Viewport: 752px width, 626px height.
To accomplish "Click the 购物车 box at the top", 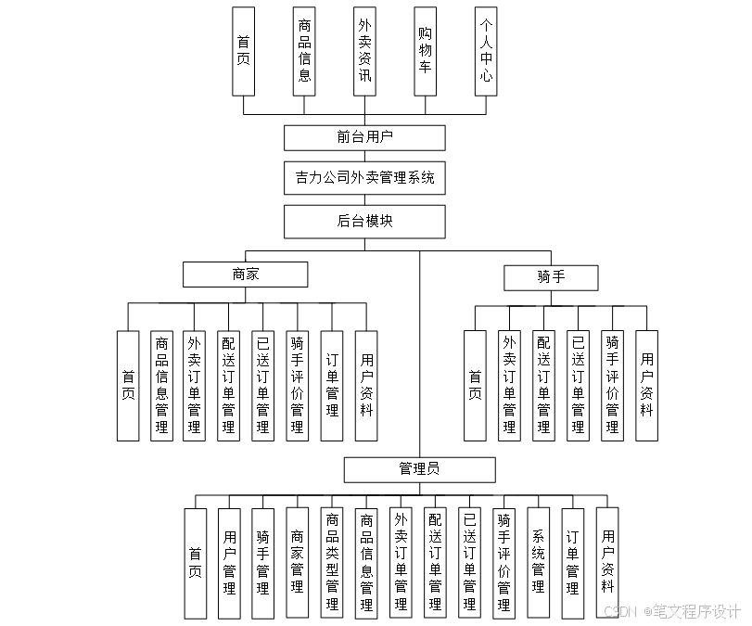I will coord(425,52).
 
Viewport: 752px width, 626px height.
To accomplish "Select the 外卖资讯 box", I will coord(364,52).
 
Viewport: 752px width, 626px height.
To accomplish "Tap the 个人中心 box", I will coord(486,52).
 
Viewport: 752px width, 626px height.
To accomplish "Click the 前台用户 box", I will coord(364,137).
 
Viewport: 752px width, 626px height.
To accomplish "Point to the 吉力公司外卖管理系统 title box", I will coord(364,178).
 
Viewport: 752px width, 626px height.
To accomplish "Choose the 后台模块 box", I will coord(364,222).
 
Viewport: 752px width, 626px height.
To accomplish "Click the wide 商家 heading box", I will coord(245,275).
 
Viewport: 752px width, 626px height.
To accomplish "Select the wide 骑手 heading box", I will coord(550,277).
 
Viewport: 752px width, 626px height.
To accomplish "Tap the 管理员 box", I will coord(419,469).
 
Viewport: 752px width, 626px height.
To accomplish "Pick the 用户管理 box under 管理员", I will coord(230,563).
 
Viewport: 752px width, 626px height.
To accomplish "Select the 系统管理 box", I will coord(539,563).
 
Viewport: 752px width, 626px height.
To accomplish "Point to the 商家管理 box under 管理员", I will coord(298,563).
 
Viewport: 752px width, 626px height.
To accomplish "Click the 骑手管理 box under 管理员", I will coord(263,563).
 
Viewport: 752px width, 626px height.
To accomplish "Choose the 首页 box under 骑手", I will coord(475,385).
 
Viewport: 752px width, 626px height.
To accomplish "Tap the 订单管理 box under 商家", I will coord(332,385).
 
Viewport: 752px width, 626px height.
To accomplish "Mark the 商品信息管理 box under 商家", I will coord(161,385).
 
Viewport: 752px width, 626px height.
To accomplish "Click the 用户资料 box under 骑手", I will coord(646,385).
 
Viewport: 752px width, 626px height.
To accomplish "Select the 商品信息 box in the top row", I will coord(304,52).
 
